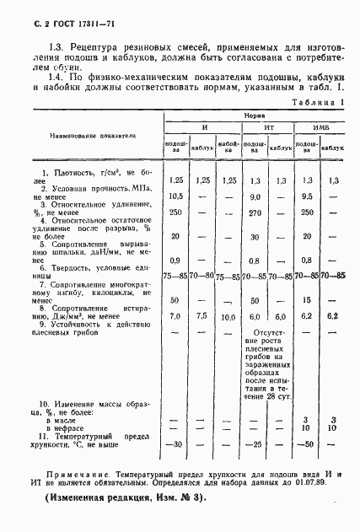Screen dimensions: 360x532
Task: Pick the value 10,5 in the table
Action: [x=176, y=196]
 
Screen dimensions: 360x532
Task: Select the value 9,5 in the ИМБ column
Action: [x=307, y=196]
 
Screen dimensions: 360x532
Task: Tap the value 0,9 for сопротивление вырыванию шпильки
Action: [x=176, y=260]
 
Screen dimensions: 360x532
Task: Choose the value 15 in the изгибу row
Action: [x=307, y=299]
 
